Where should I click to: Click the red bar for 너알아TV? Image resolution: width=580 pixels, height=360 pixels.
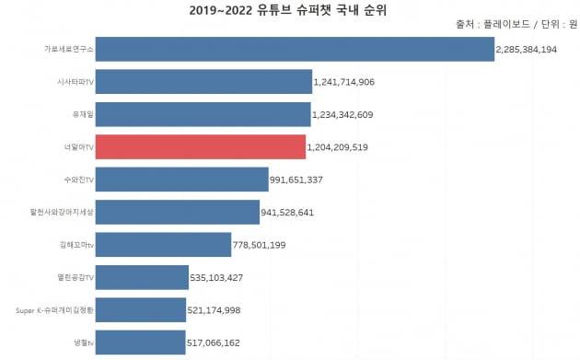[x=200, y=146]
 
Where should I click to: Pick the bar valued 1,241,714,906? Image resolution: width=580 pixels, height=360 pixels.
[x=203, y=82]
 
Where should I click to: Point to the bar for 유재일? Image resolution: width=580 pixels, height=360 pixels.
[x=203, y=114]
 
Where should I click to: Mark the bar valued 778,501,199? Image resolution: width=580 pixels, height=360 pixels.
[x=163, y=244]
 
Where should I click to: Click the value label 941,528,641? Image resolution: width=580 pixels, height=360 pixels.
[x=301, y=213]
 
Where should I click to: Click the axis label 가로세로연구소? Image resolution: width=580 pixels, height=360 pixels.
[x=68, y=49]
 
